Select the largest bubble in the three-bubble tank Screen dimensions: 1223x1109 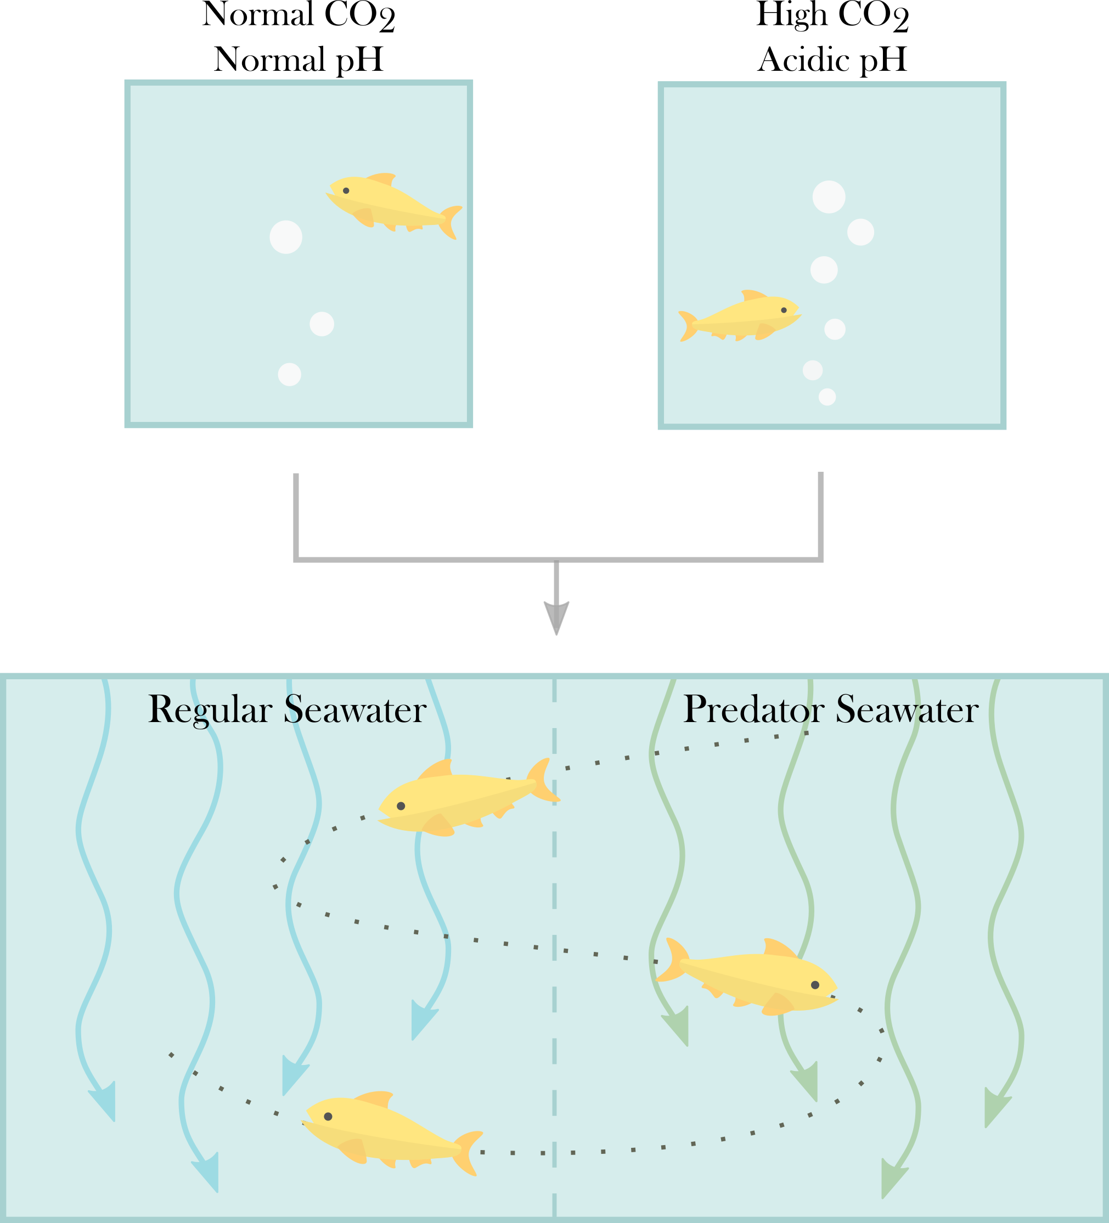[x=286, y=236]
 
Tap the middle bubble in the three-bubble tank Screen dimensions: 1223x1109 [x=322, y=324]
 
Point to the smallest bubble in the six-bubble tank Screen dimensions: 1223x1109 [x=827, y=397]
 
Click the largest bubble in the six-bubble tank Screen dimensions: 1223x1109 [x=829, y=197]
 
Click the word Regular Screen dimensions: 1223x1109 [x=210, y=709]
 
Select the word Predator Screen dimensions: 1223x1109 [x=754, y=709]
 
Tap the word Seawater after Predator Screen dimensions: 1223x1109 [x=907, y=709]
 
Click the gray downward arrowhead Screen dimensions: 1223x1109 [x=556, y=618]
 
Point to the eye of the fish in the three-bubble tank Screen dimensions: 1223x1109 [x=346, y=190]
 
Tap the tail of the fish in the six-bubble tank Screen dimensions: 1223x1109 [x=688, y=326]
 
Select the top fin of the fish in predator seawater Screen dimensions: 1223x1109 [x=779, y=948]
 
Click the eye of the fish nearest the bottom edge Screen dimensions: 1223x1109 [x=328, y=1116]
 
